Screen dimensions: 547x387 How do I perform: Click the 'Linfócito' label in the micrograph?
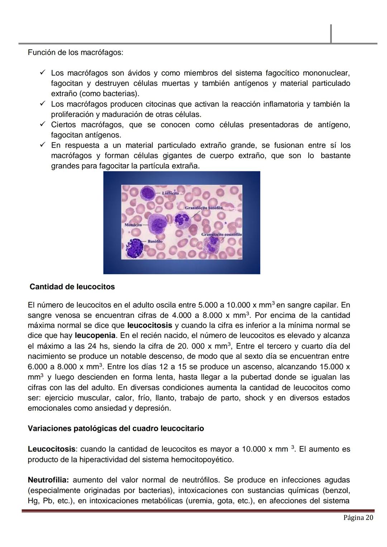click(x=171, y=193)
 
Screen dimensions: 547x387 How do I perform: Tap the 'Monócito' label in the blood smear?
click(x=133, y=225)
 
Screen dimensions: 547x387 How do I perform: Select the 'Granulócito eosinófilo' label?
click(x=222, y=234)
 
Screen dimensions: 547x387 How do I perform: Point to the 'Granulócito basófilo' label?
click(x=204, y=208)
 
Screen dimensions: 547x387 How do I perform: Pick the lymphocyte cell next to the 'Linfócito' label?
click(x=147, y=194)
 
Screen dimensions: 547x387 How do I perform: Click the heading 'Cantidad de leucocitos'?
click(x=72, y=287)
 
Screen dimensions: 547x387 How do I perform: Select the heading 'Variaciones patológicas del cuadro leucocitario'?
click(x=116, y=429)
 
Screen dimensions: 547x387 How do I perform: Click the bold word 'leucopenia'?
click(x=95, y=336)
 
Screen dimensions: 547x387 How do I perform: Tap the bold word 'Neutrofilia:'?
click(x=48, y=480)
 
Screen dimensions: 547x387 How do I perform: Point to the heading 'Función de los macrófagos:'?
click(x=75, y=53)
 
